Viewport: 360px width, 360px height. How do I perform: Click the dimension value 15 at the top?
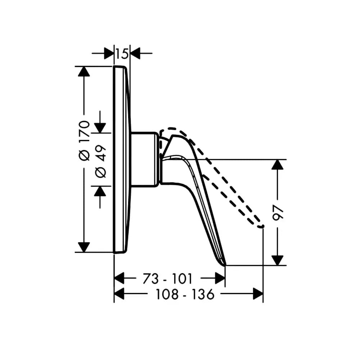click(x=122, y=54)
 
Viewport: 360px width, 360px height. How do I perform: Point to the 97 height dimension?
click(x=278, y=213)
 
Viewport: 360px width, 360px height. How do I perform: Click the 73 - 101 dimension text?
click(x=167, y=279)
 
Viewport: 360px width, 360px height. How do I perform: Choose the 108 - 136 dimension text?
click(x=185, y=294)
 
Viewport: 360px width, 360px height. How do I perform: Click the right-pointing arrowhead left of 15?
click(x=109, y=53)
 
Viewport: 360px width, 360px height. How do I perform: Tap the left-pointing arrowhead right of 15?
click(x=135, y=53)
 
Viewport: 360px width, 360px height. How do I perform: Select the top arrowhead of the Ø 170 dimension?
click(x=84, y=71)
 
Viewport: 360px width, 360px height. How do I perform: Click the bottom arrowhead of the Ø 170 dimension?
click(x=84, y=247)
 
